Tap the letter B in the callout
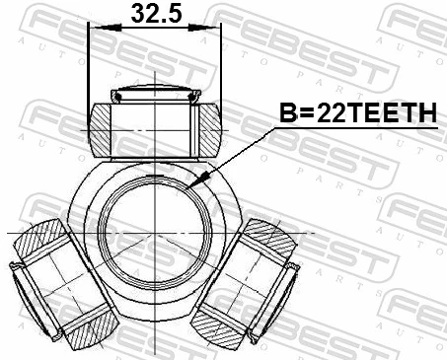[x=293, y=115]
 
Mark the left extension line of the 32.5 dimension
[x=89, y=69]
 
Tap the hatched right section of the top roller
[x=209, y=129]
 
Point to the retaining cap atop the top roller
[x=155, y=96]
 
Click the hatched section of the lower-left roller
[x=41, y=243]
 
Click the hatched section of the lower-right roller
[x=268, y=243]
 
